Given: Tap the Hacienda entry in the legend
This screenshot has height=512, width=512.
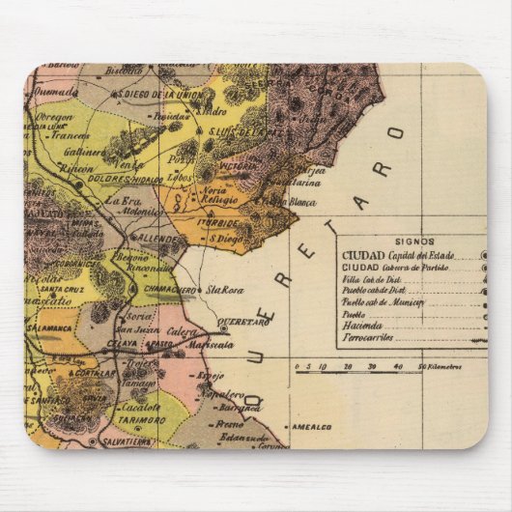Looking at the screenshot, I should (x=360, y=327).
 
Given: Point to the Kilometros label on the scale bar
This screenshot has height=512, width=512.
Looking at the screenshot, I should (x=441, y=367).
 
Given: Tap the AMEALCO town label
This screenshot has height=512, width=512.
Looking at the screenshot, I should (x=312, y=426).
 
